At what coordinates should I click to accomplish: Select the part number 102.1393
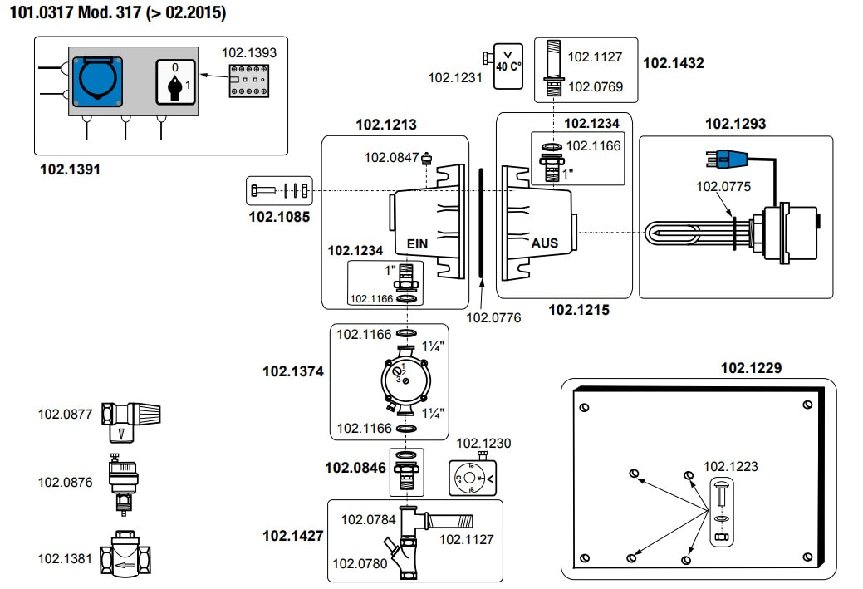(248, 52)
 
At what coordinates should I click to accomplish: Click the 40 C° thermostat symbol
(508, 66)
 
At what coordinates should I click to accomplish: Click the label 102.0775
(723, 187)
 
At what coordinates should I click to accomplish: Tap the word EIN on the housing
(417, 244)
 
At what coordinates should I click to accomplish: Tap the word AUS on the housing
(545, 243)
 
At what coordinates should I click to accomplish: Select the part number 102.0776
(493, 317)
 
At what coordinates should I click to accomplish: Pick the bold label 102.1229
(751, 367)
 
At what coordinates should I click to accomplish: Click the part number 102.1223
(730, 466)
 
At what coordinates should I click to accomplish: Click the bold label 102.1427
(292, 535)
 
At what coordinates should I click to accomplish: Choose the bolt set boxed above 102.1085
(280, 190)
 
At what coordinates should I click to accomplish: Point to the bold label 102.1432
(674, 62)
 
